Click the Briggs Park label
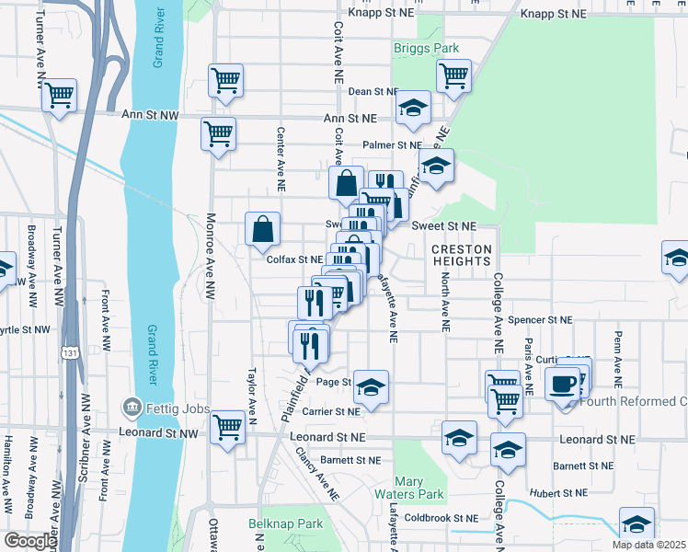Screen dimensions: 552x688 coord(426,48)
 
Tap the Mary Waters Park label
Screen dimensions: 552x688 coord(419,488)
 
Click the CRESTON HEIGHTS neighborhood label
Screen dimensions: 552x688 coord(462,255)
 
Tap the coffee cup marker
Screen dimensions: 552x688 coord(562,383)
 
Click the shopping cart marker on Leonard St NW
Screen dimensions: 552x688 coord(227,426)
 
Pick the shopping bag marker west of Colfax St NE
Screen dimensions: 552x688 coord(263,229)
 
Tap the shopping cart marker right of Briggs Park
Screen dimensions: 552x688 coord(453,76)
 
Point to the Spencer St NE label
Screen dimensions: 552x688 coord(540,320)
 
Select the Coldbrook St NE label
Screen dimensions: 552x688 coord(441,517)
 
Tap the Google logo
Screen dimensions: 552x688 coord(29,541)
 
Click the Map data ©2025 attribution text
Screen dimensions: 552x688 coord(648,545)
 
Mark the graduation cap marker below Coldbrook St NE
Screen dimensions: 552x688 coord(636,523)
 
